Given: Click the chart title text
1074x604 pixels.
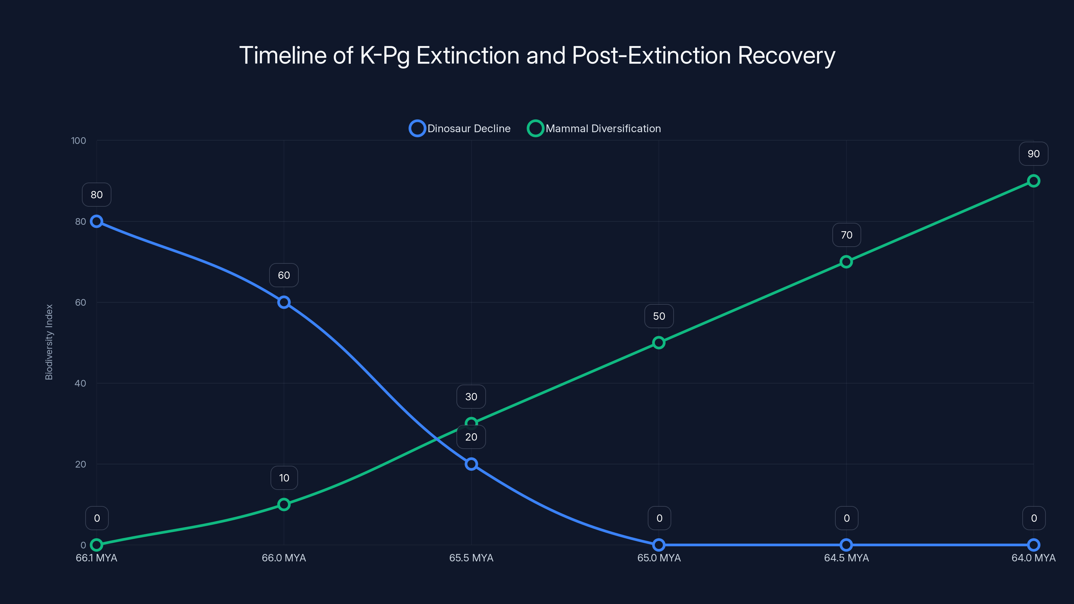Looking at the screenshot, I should point(537,55).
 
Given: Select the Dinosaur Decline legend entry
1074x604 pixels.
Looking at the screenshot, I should point(460,129).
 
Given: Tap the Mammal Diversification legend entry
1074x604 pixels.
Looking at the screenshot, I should point(594,129).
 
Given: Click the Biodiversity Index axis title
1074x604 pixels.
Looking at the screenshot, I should point(49,342).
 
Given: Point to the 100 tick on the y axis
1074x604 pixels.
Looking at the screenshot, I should point(79,141).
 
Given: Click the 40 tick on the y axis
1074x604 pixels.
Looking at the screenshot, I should point(80,383).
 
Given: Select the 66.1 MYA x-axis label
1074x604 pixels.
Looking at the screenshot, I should point(96,558).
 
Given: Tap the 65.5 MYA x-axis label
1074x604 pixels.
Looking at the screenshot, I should point(471,558).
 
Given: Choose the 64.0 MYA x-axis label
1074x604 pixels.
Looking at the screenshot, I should point(1033,558).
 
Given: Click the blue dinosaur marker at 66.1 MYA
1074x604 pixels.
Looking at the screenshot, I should point(97,221).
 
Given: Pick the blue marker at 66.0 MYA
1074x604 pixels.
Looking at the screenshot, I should point(284,302).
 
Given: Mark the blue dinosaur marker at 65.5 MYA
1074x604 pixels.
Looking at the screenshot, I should point(471,464).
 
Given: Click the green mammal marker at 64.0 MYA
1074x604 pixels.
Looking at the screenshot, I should point(1033,181).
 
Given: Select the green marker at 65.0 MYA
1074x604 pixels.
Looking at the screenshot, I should point(659,343).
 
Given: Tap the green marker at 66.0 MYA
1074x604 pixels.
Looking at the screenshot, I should point(284,504).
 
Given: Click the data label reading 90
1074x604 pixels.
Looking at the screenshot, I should point(1033,154).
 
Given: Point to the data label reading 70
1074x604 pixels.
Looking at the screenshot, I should point(846,235).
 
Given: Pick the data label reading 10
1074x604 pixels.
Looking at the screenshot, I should point(284,478).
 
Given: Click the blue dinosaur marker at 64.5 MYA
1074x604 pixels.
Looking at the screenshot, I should point(846,545).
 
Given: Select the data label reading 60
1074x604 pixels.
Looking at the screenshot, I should point(284,275).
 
